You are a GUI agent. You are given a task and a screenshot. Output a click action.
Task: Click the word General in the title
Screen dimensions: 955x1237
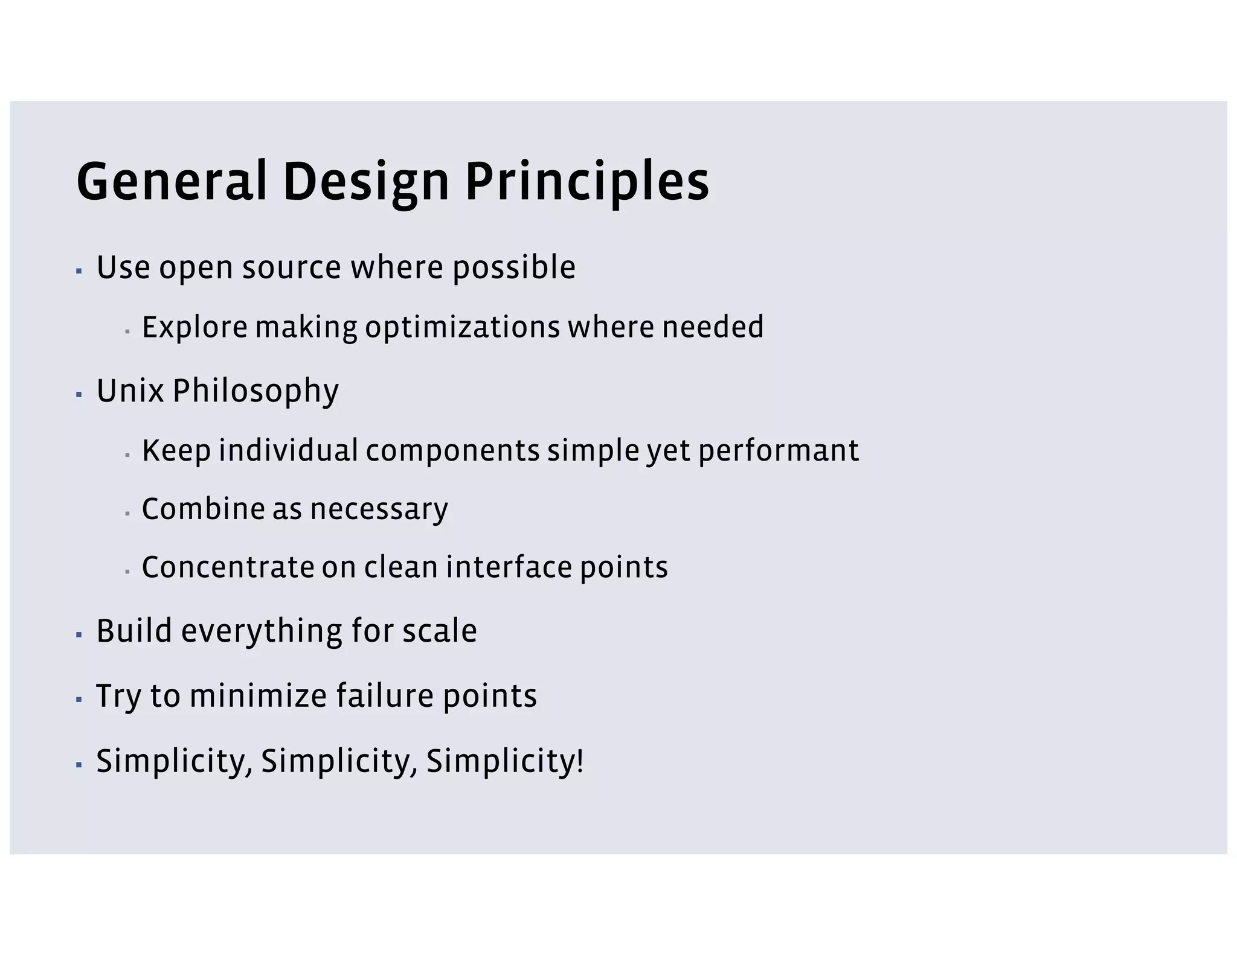(172, 181)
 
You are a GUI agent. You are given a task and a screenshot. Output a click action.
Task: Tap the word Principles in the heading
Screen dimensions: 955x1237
(586, 181)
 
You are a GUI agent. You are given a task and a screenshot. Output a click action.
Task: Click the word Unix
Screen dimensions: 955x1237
(130, 391)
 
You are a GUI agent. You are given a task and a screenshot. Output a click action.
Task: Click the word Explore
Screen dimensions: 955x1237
(194, 327)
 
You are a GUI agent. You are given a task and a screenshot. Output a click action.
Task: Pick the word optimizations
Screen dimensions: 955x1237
(462, 328)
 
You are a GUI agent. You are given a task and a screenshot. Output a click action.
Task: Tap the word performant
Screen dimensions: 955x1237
(778, 451)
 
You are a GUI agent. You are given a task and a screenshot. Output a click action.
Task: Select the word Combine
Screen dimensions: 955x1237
(203, 509)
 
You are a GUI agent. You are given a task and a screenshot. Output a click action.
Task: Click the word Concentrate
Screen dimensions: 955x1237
(228, 567)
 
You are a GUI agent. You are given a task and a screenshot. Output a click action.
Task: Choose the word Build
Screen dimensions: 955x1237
(134, 631)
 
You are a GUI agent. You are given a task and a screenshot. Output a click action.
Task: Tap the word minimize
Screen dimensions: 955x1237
(258, 695)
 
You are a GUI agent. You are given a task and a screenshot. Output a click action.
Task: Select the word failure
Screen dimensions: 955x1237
(384, 695)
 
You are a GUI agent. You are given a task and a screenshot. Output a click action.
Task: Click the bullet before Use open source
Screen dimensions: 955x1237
(79, 271)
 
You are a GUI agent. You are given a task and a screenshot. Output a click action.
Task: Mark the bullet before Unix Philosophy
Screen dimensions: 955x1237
(79, 395)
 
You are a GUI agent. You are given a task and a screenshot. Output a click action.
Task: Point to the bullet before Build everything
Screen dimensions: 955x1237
(79, 635)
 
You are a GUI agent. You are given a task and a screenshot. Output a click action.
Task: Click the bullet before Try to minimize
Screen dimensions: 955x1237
(79, 700)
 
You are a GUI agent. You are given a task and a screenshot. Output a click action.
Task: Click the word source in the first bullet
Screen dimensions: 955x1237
(292, 267)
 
